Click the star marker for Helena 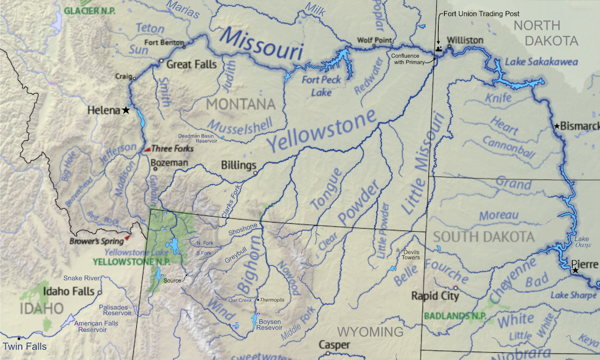pyautogui.click(x=126, y=110)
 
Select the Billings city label pyautogui.click(x=238, y=166)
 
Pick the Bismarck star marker pyautogui.click(x=557, y=126)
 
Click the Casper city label pyautogui.click(x=334, y=344)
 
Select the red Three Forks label pyautogui.click(x=172, y=149)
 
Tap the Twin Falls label pyautogui.click(x=25, y=346)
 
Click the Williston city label pyautogui.click(x=465, y=40)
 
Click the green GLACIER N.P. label pyautogui.click(x=90, y=11)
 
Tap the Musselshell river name pyautogui.click(x=239, y=124)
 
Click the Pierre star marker pyautogui.click(x=575, y=271)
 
